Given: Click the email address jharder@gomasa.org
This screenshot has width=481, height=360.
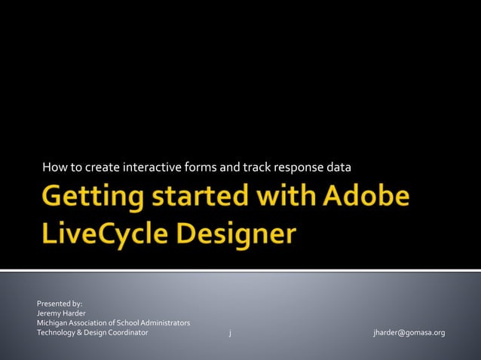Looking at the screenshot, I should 409,332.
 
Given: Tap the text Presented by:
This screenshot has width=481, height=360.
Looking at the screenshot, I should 60,304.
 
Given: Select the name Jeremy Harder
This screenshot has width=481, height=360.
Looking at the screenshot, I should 61,313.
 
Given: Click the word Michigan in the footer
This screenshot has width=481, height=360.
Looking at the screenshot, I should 52,323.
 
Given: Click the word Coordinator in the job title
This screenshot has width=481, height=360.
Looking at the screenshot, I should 127,332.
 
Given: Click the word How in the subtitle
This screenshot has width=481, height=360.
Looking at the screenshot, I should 52,166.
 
